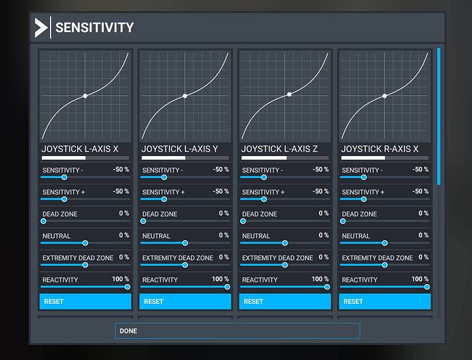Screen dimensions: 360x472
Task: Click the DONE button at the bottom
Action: (x=237, y=331)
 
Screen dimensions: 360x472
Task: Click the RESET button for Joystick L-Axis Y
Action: (x=185, y=301)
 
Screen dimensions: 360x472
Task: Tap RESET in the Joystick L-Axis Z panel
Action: (x=285, y=301)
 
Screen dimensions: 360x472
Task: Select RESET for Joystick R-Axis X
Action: (x=384, y=301)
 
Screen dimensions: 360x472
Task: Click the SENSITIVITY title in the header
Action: (x=94, y=28)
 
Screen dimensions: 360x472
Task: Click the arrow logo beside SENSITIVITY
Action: (x=41, y=28)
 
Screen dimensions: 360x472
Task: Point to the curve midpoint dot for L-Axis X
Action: (x=85, y=96)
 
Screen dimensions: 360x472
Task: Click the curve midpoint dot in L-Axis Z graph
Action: (x=289, y=94)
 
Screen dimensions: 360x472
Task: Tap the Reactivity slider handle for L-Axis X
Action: (x=127, y=287)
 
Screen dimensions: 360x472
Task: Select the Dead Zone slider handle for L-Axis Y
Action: (x=143, y=221)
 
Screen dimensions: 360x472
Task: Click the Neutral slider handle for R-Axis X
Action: (x=384, y=243)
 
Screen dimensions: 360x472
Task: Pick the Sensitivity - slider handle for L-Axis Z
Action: (x=264, y=177)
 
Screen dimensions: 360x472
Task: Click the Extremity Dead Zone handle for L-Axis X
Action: (x=85, y=265)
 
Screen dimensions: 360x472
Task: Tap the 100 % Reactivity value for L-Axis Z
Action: (x=319, y=279)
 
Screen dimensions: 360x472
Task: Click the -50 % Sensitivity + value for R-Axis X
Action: (x=419, y=192)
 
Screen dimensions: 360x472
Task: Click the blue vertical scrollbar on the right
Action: (x=438, y=116)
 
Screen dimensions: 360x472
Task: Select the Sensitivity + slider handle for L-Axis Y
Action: (x=164, y=199)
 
